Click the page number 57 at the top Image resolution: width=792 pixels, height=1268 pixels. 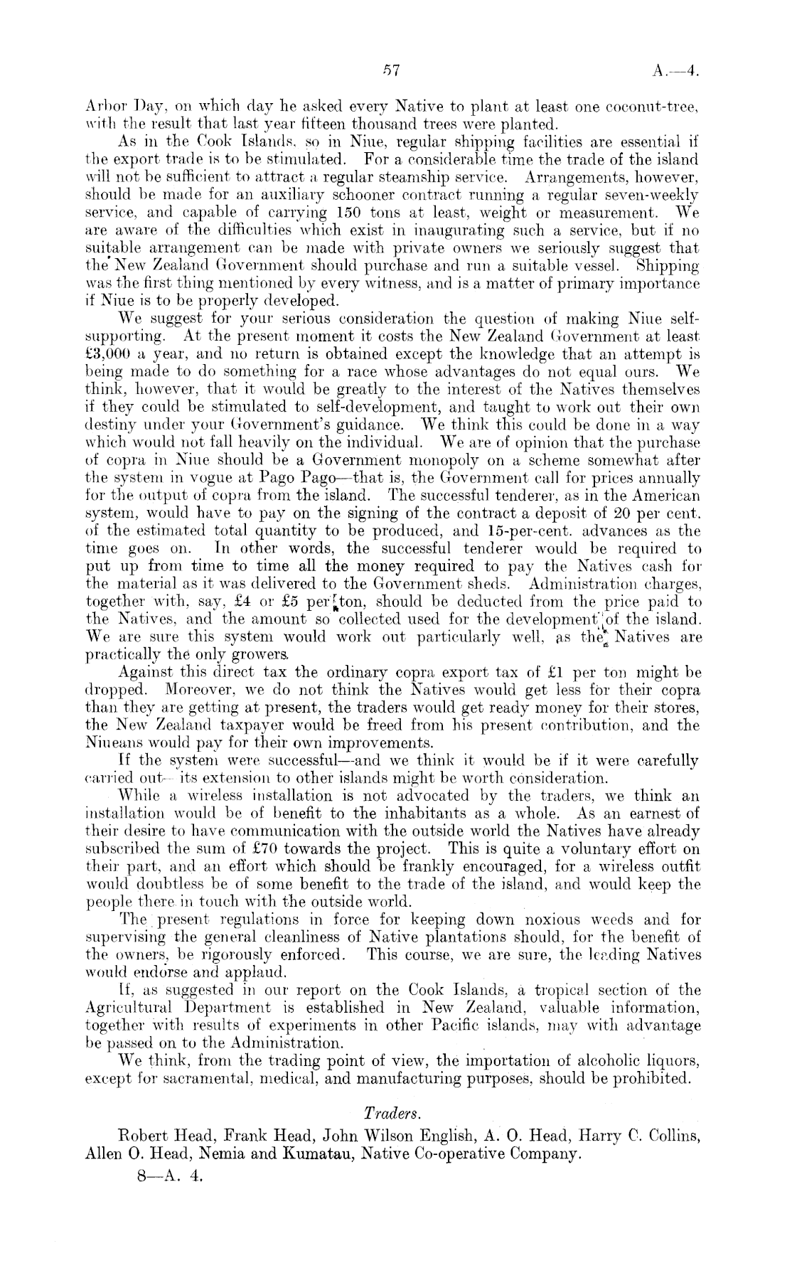pyautogui.click(x=393, y=70)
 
